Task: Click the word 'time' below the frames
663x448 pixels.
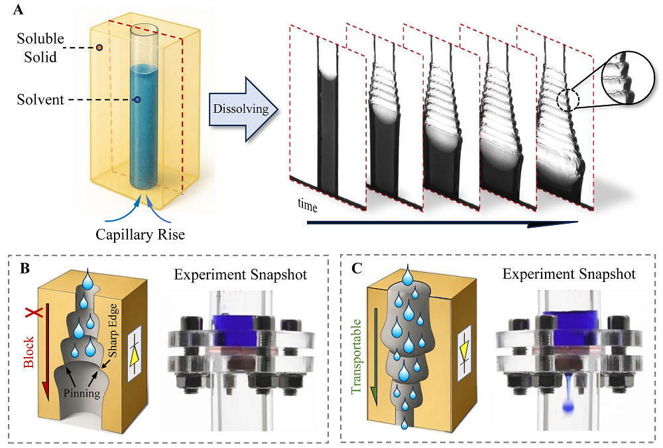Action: click(x=308, y=207)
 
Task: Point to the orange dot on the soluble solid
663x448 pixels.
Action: click(x=99, y=48)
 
